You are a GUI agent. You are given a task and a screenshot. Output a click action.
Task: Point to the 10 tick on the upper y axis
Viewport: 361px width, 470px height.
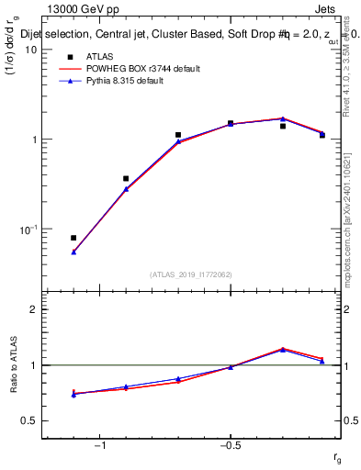pos(32,50)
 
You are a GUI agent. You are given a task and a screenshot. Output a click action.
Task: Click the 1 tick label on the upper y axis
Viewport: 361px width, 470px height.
pos(35,140)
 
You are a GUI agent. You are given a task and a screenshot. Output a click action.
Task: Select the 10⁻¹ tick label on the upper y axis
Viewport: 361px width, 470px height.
pos(29,229)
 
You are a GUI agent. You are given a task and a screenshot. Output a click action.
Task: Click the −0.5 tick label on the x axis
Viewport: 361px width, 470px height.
pos(230,446)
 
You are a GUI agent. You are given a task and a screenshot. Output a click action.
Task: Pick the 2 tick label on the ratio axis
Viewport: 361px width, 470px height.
pos(35,309)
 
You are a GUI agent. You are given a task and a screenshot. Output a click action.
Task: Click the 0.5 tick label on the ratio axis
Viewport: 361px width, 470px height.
pos(30,421)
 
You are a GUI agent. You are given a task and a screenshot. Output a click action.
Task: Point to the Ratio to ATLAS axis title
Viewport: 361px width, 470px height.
pos(14,365)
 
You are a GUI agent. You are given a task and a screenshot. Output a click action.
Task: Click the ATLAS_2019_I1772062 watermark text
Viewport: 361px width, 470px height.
pos(191,274)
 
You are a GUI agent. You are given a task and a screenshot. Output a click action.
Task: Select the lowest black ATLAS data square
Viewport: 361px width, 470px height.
pos(73,238)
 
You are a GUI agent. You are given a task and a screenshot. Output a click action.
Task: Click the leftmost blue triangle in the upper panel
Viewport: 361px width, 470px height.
pos(73,252)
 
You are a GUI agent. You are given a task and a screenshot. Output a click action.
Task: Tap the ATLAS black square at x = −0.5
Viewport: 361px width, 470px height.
pos(231,123)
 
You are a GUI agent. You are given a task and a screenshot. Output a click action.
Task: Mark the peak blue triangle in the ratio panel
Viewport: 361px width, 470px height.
pos(283,350)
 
